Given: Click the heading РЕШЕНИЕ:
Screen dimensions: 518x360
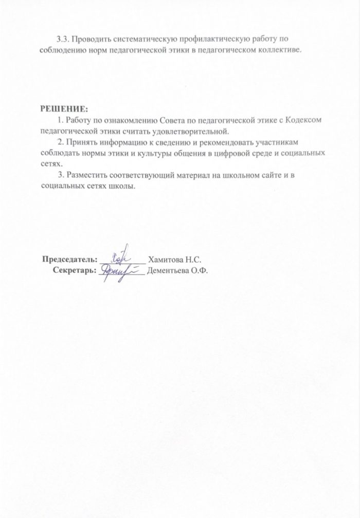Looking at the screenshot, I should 64,109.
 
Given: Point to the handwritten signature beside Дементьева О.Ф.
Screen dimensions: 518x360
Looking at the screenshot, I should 120,269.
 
